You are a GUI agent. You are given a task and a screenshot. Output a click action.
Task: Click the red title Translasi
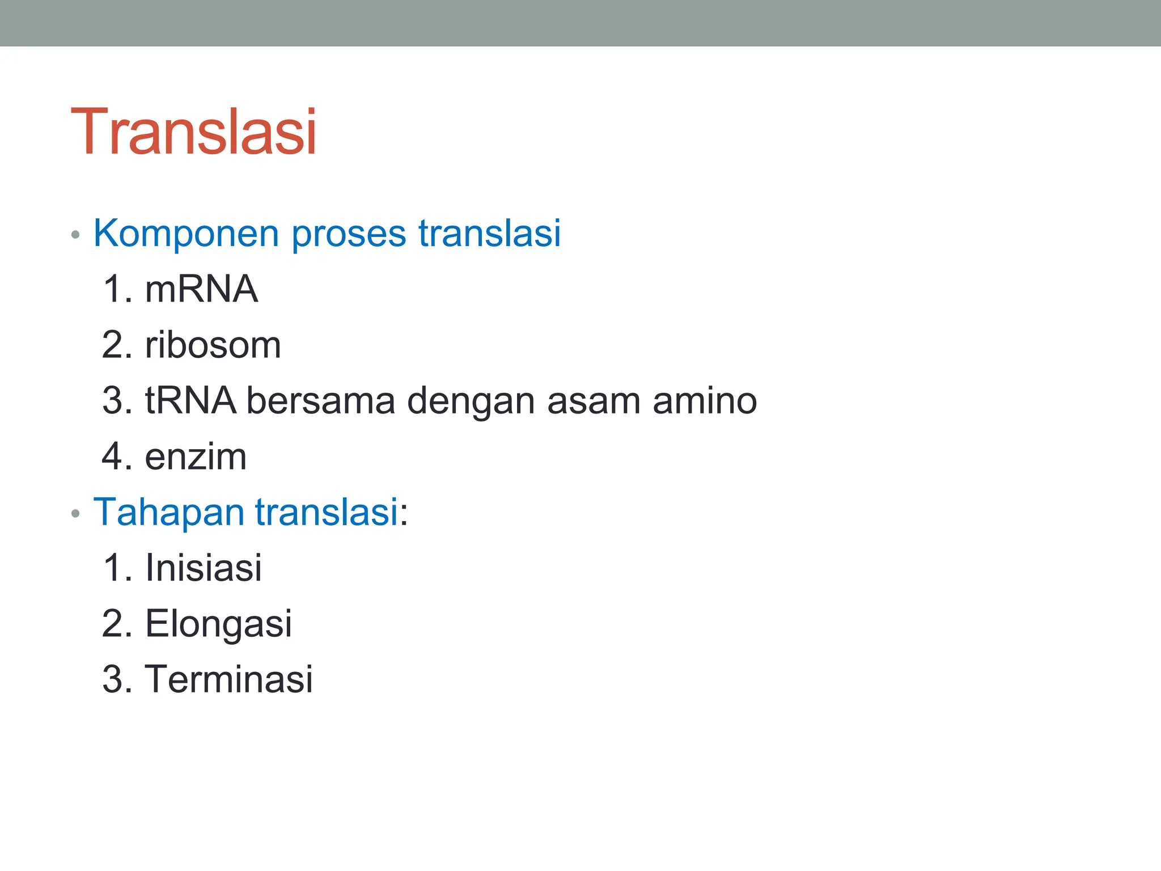tap(193, 132)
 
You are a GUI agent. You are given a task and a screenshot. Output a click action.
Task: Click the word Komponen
tap(186, 234)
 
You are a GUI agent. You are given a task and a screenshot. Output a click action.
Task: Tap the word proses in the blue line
tap(349, 234)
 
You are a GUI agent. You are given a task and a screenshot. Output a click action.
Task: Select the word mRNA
tap(201, 289)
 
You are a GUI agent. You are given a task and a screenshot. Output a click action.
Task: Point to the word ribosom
tap(213, 345)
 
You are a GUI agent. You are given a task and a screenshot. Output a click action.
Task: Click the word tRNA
tap(190, 400)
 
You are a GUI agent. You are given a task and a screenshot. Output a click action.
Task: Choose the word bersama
tap(320, 400)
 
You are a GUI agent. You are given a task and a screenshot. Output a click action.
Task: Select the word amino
tap(705, 400)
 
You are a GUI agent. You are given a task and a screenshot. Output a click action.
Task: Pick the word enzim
tap(196, 456)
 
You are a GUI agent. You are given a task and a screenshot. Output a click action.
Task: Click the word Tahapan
tap(168, 512)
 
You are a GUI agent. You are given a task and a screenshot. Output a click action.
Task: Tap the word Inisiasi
tap(204, 568)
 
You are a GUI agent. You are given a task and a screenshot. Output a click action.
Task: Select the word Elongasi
tap(218, 624)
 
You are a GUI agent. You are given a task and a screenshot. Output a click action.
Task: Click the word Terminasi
tap(228, 679)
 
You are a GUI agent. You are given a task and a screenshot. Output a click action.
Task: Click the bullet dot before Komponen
tap(75, 235)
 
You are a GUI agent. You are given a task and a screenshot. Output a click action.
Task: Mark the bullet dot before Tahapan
tap(75, 514)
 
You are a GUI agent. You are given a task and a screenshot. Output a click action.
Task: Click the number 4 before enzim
tap(113, 456)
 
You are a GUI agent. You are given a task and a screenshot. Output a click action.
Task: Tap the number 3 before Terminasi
tap(113, 679)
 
